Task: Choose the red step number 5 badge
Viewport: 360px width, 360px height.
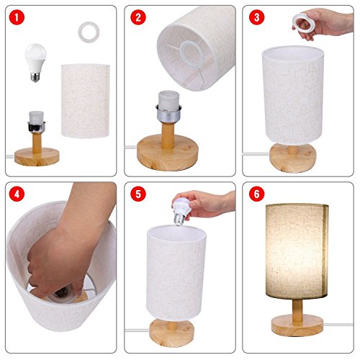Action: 135,194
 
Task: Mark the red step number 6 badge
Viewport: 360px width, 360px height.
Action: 254,194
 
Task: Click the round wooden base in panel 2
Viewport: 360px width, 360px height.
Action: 168,156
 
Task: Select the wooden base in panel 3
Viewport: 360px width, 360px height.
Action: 294,156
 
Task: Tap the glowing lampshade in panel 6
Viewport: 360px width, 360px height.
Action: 296,245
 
